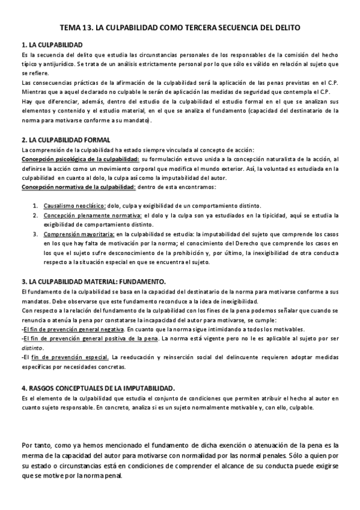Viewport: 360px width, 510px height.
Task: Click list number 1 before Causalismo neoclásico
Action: [x=35, y=206]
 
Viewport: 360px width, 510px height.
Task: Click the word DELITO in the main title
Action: [x=286, y=28]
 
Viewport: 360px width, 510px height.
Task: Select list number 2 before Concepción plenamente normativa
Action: [x=35, y=215]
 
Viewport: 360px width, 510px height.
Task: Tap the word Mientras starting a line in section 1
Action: [x=33, y=92]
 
